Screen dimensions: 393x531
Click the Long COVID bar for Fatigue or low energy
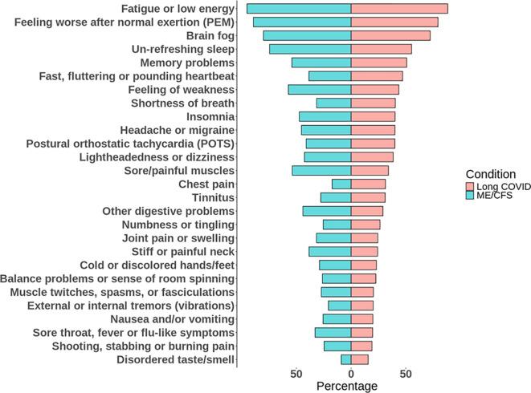tap(399, 8)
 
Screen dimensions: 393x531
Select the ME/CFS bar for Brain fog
tap(307, 35)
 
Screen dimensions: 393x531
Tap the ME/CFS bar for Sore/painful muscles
tap(321, 171)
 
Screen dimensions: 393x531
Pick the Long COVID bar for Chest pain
tap(368, 184)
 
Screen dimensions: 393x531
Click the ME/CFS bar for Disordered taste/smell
tap(346, 359)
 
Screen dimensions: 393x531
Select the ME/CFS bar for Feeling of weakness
tap(320, 89)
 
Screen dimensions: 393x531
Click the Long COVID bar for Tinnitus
tap(368, 197)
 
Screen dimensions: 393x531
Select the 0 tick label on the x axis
tap(351, 374)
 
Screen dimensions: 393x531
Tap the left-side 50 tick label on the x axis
tap(296, 374)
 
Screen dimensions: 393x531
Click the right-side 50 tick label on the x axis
tap(406, 374)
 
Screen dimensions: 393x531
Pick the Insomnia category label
tap(210, 116)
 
